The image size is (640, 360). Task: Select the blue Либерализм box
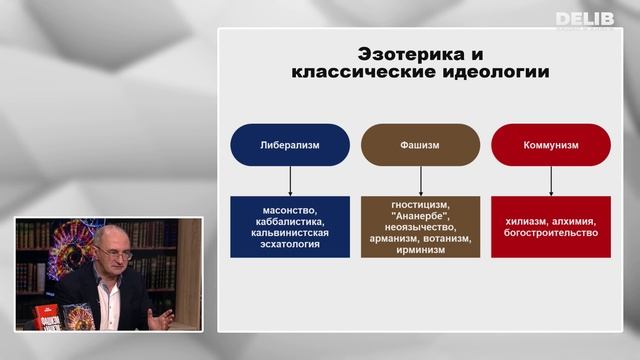pyautogui.click(x=289, y=144)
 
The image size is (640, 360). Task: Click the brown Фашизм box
pyautogui.click(x=420, y=144)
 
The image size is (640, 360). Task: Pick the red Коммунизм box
pyautogui.click(x=550, y=144)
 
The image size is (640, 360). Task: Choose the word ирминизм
pyautogui.click(x=420, y=252)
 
